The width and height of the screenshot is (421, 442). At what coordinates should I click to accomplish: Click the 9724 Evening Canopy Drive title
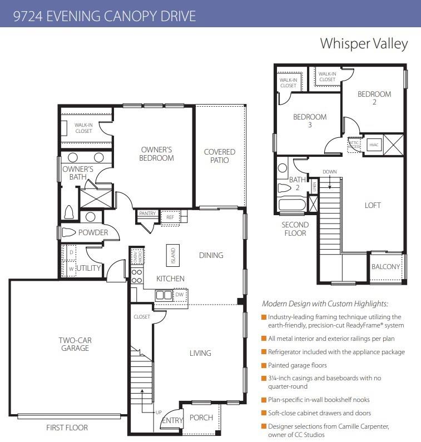click(x=105, y=16)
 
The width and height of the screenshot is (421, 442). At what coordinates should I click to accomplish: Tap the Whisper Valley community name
click(x=364, y=44)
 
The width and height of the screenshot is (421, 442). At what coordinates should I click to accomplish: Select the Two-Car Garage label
click(x=74, y=344)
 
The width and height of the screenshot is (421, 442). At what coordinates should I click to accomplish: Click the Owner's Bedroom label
click(x=157, y=154)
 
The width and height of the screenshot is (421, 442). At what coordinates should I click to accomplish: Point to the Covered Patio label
click(x=220, y=156)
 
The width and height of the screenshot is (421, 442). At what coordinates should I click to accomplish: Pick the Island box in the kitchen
click(x=173, y=256)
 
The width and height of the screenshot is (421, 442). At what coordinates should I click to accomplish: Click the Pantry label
click(x=147, y=213)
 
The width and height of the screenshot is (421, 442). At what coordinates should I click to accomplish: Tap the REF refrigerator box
click(x=170, y=218)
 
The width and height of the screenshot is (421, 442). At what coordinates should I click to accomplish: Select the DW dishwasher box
click(x=179, y=295)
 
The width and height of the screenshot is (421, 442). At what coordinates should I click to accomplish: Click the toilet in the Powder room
click(x=68, y=232)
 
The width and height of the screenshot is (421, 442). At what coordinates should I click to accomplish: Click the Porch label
click(x=201, y=418)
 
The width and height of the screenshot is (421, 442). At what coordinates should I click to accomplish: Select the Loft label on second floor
click(x=373, y=205)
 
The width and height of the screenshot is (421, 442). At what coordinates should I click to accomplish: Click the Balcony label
click(x=385, y=267)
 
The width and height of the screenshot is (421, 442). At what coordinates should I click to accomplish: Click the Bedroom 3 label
click(x=310, y=121)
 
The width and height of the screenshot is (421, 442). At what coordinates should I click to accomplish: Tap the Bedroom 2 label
click(x=374, y=98)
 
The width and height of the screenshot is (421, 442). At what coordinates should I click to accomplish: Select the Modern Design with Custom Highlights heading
click(x=325, y=304)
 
